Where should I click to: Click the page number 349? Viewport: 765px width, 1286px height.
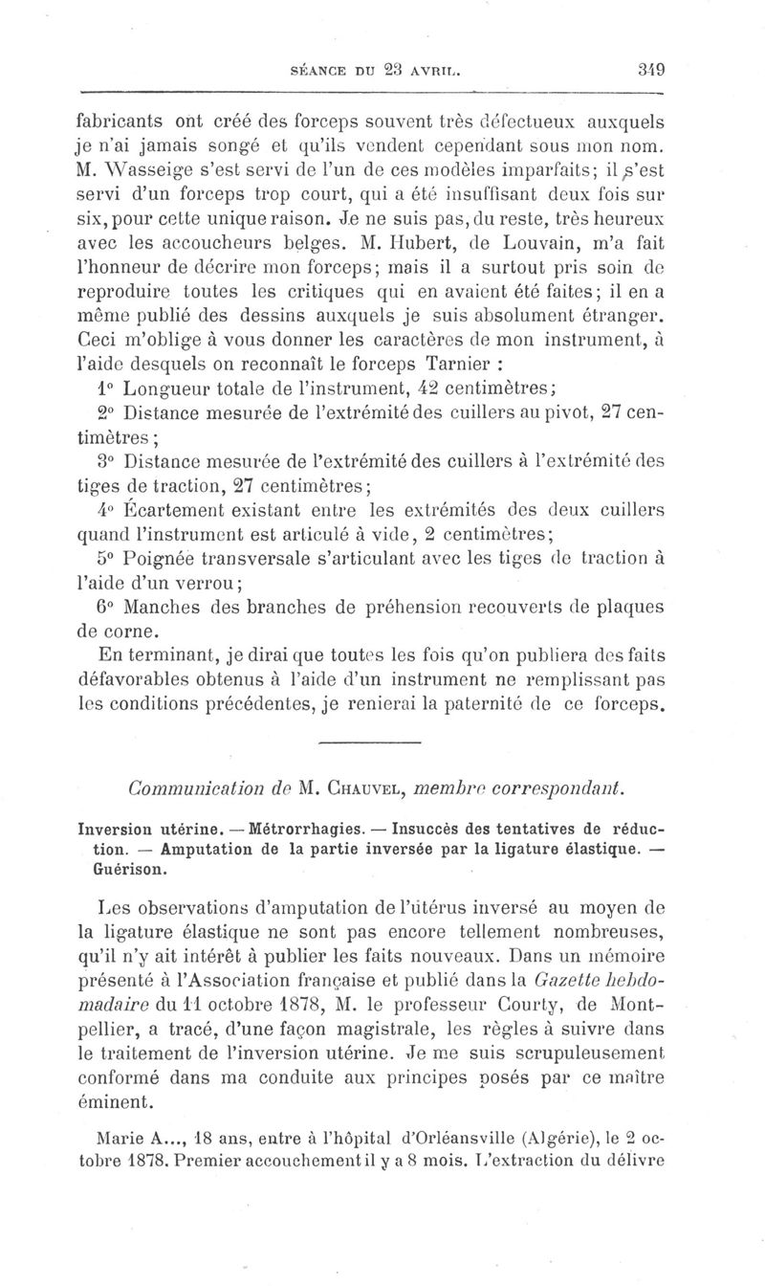click(652, 68)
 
